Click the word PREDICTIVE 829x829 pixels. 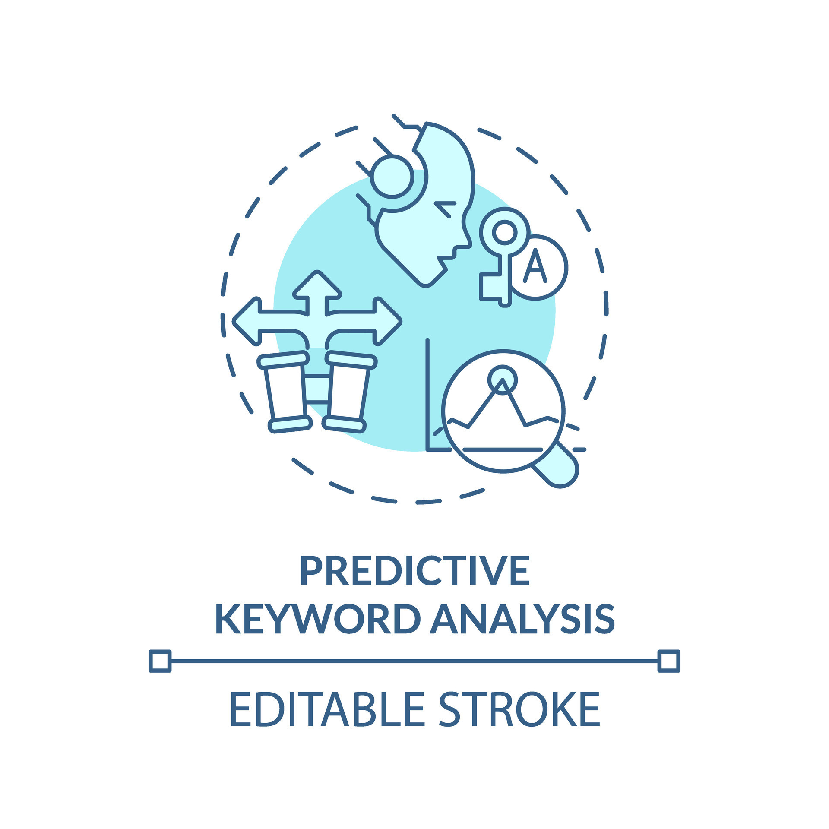pyautogui.click(x=414, y=571)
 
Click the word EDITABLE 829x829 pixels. pyautogui.click(x=327, y=709)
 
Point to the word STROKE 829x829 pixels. pyautogui.click(x=519, y=709)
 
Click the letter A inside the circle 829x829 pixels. pyautogui.click(x=535, y=266)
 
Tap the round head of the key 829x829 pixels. pyautogui.click(x=504, y=232)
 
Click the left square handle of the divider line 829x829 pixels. pyautogui.click(x=160, y=661)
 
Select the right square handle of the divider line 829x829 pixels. pyautogui.click(x=669, y=661)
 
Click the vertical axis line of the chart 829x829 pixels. pyautogui.click(x=427, y=395)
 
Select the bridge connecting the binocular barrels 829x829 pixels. pyautogui.click(x=317, y=389)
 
